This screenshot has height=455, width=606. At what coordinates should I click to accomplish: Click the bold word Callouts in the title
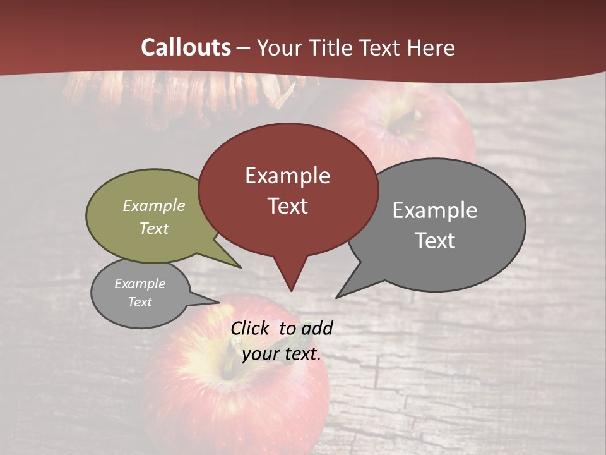(186, 47)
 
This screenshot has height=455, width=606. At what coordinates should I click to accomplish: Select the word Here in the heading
(432, 47)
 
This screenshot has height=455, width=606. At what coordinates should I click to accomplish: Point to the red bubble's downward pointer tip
(291, 290)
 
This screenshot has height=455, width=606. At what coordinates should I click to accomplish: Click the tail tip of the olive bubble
(240, 267)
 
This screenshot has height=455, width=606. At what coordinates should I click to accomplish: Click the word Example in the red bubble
(287, 176)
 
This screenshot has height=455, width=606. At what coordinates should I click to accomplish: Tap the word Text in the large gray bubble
(435, 241)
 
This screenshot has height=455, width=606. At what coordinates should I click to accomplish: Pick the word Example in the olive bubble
(154, 206)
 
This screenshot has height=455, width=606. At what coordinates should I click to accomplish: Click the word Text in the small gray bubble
(140, 302)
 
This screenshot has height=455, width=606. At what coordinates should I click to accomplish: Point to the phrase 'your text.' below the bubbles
(282, 354)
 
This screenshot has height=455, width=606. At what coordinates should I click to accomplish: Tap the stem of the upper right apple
(415, 116)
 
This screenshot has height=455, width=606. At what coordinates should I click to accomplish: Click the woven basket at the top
(183, 92)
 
